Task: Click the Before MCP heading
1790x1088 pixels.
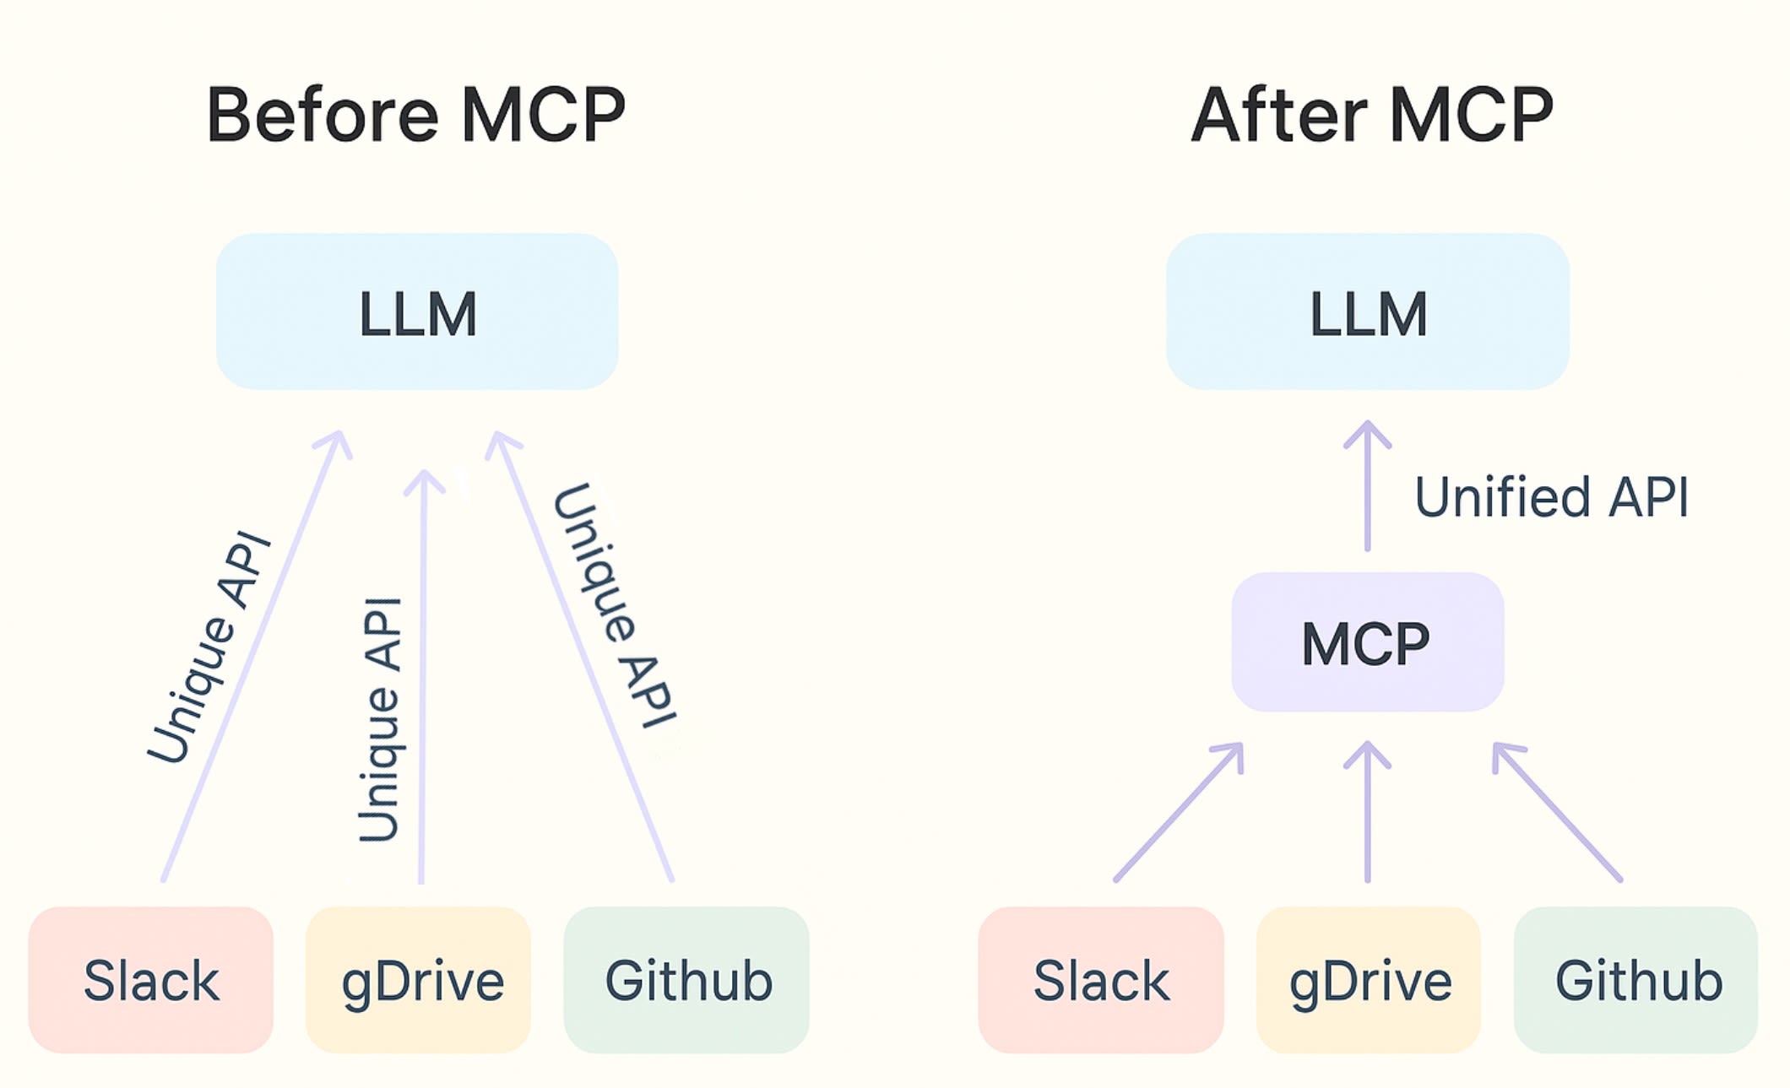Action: [415, 115]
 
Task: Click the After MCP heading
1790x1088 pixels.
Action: [1372, 115]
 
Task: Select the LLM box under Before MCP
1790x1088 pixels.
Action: [417, 312]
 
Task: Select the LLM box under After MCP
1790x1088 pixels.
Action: [1368, 312]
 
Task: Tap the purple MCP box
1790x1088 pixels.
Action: [1367, 643]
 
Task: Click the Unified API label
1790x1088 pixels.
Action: [1552, 496]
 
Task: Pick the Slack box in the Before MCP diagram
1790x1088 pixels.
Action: [151, 980]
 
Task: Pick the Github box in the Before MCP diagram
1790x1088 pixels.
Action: [686, 980]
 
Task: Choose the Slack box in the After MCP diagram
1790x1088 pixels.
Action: [1101, 980]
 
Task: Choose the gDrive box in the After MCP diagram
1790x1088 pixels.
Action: [1369, 980]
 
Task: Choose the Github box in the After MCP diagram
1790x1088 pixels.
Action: [1636, 980]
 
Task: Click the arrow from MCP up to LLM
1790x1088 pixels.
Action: [1367, 490]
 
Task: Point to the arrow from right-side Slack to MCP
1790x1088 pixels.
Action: [1178, 813]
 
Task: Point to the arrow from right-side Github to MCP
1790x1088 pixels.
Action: [1558, 813]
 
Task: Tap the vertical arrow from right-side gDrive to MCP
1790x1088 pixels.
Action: [1367, 815]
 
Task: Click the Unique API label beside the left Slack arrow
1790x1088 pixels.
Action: [209, 648]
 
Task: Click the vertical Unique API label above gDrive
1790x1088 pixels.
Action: [379, 719]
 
